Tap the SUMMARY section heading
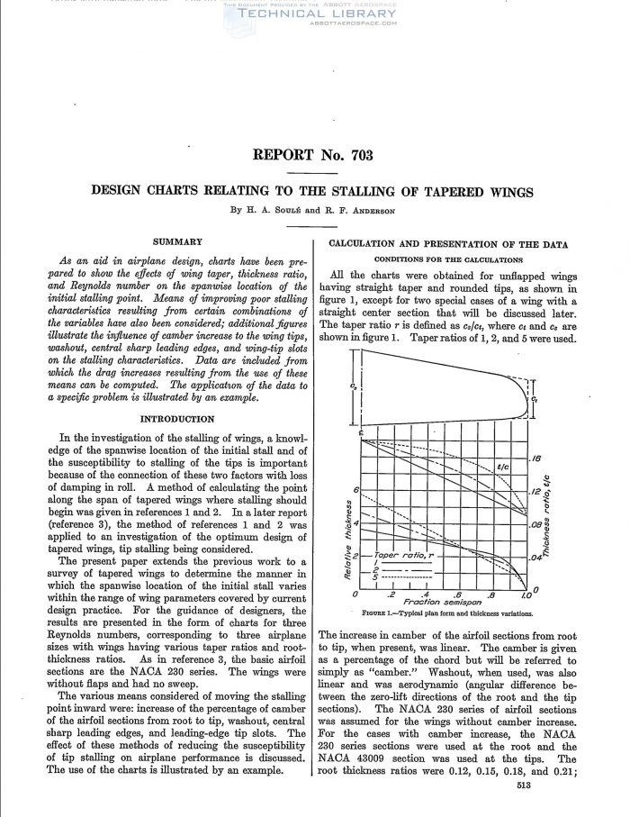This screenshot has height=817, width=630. point(177,241)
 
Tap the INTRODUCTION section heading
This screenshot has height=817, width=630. point(177,419)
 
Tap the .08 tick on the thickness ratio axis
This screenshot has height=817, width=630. point(536,523)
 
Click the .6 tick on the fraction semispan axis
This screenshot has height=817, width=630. point(458,595)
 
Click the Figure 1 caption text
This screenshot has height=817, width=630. point(447,616)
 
